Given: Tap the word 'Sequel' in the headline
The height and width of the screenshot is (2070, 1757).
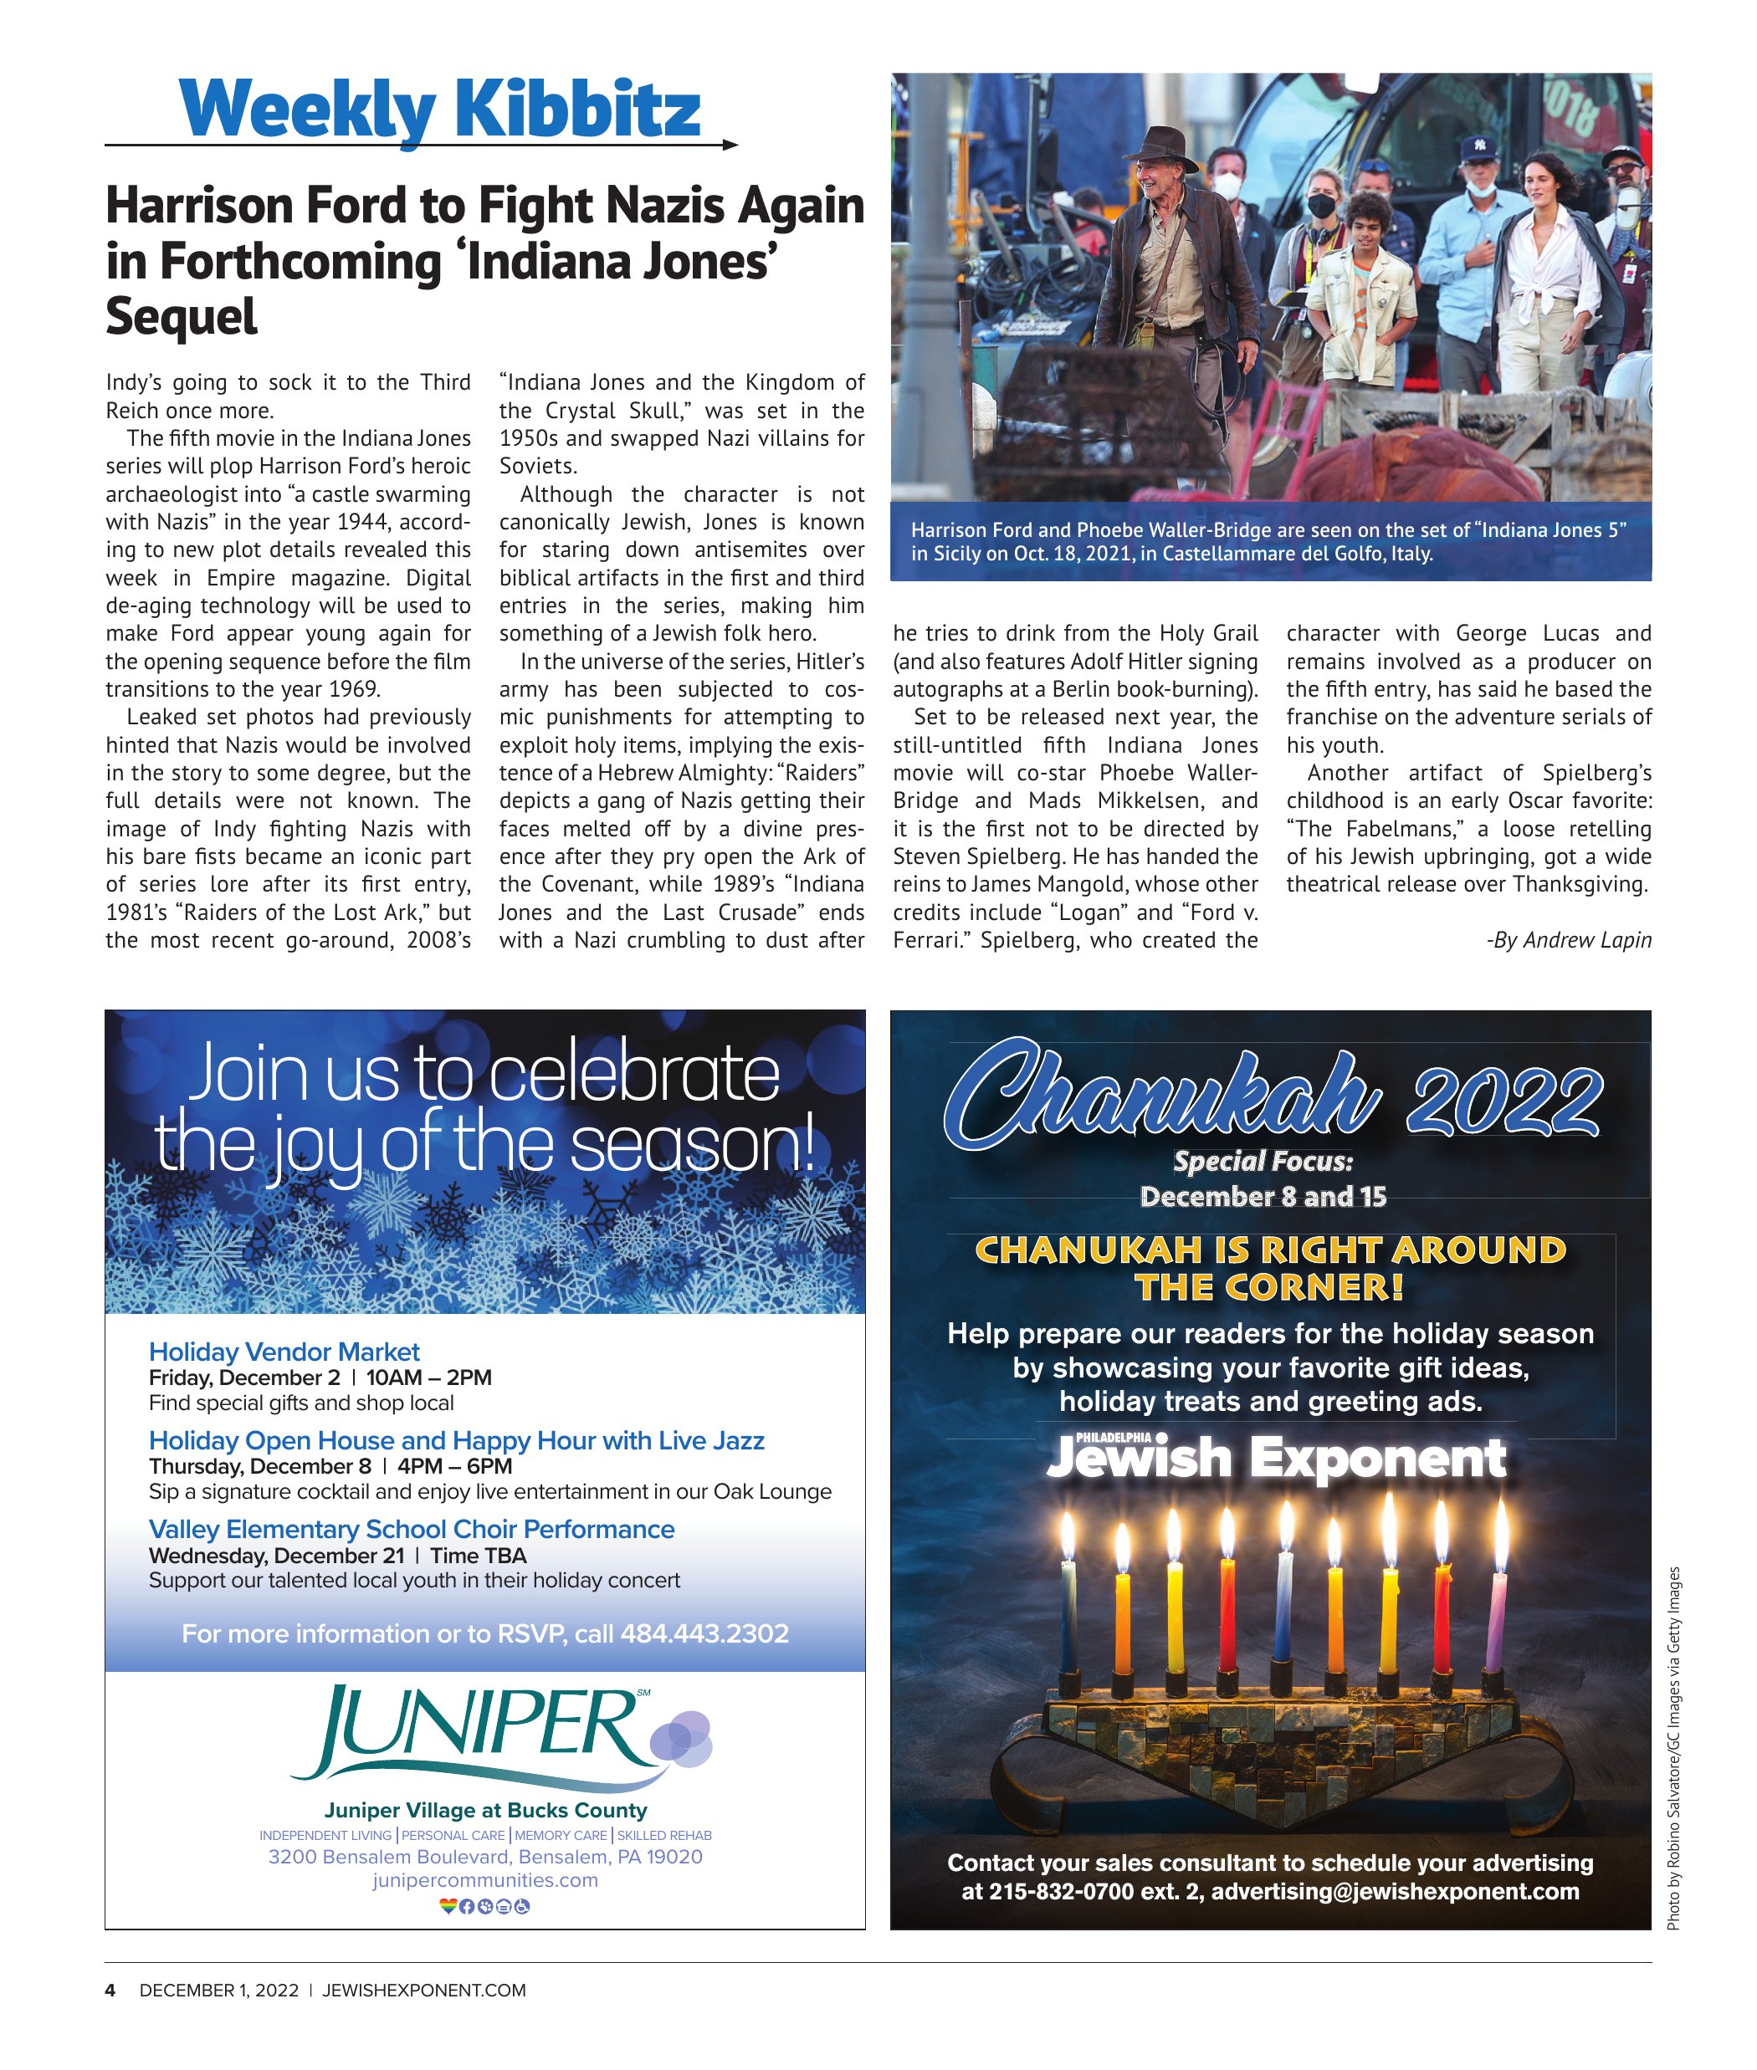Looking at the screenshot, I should (182, 317).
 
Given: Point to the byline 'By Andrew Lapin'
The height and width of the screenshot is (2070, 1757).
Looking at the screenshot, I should (1569, 940).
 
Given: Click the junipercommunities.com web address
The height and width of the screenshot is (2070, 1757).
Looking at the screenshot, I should (485, 1880).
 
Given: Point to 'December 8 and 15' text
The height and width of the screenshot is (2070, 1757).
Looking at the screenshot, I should (1263, 1196).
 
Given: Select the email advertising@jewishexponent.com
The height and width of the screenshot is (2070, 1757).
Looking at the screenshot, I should (1395, 1891).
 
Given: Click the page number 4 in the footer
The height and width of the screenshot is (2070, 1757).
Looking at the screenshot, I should (110, 1990).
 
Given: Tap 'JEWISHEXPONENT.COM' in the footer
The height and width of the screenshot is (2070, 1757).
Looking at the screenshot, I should (423, 1990).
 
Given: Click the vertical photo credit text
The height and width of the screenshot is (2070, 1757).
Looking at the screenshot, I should (1673, 1747).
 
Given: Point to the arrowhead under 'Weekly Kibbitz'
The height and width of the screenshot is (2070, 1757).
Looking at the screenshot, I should (730, 146).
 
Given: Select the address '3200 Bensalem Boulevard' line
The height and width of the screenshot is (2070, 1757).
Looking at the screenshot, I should (485, 1856).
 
